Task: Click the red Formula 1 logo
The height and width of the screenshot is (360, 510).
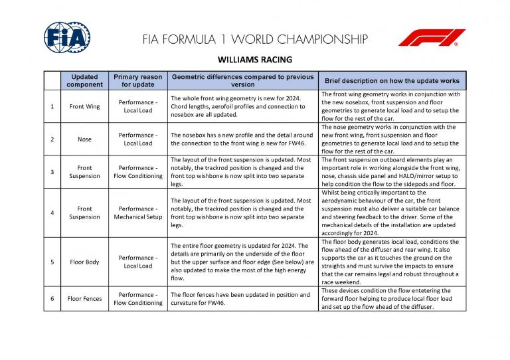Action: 432,38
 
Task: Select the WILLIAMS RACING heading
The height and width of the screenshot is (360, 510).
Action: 255,59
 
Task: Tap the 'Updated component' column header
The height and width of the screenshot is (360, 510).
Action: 85,81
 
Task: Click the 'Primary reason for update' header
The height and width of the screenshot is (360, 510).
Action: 138,81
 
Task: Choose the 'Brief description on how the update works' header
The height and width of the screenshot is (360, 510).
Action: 392,81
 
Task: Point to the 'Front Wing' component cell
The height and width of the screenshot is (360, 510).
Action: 85,106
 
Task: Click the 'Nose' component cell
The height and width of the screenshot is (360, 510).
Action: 85,139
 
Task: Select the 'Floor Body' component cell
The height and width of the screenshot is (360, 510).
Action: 85,262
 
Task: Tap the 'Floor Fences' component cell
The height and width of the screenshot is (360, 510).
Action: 85,299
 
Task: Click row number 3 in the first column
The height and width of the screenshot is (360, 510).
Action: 52,172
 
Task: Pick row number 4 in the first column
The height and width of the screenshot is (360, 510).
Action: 52,213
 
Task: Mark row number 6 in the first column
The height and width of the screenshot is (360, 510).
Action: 52,299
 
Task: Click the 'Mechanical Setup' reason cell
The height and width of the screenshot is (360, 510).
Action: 138,217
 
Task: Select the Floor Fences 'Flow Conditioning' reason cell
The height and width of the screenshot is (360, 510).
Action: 138,303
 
